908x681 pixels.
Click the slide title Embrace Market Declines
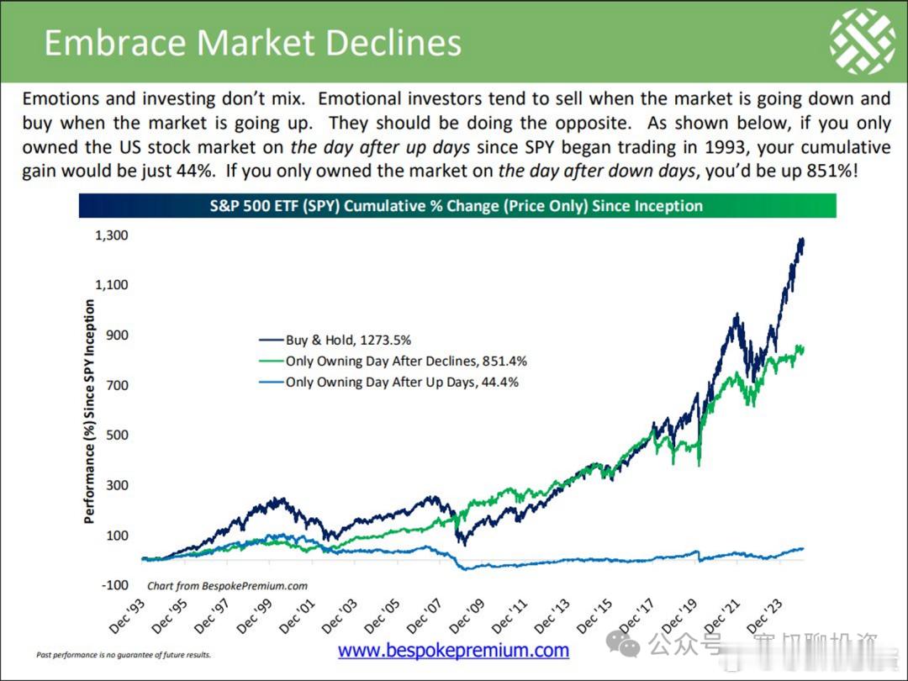(x=252, y=43)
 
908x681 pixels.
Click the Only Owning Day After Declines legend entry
(x=406, y=362)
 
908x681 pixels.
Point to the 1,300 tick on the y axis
(x=112, y=235)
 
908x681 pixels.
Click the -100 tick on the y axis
(x=114, y=585)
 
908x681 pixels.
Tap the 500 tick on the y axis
(x=117, y=436)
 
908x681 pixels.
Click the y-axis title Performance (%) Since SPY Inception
(x=90, y=412)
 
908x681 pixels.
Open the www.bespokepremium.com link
(x=453, y=650)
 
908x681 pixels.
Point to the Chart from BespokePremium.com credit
(x=227, y=586)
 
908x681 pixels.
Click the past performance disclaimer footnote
(x=124, y=654)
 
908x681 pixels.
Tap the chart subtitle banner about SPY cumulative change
(x=457, y=205)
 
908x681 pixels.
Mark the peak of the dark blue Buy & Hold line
(x=801, y=240)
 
